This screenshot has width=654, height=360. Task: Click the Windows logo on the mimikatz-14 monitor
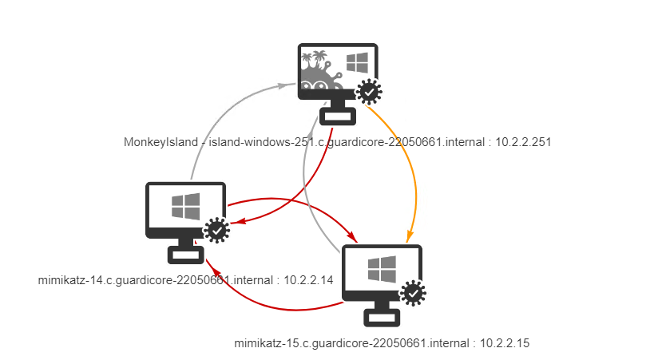(185, 207)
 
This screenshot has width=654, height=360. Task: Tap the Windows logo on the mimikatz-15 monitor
(381, 269)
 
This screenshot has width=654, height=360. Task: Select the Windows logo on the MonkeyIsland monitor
(355, 63)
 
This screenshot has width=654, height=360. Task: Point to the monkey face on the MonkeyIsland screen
(320, 85)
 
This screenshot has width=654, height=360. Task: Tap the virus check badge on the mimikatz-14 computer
(216, 231)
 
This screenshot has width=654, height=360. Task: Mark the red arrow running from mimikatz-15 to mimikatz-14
(264, 303)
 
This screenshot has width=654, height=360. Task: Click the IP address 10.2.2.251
(525, 142)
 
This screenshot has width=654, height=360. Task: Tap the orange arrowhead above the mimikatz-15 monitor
(409, 236)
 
